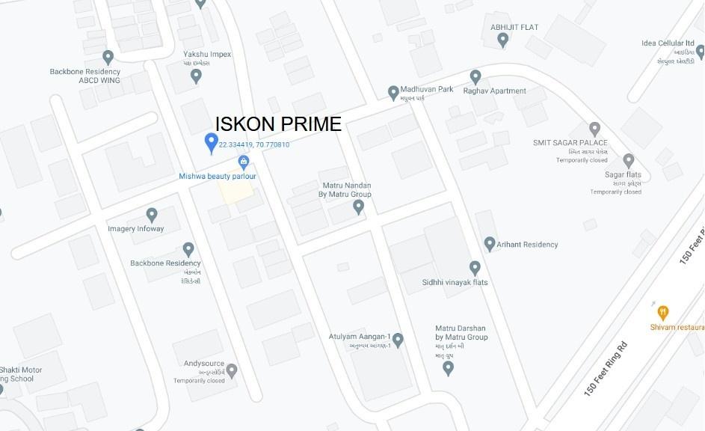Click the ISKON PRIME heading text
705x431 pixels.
pyautogui.click(x=278, y=124)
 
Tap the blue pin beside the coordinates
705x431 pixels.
pyautogui.click(x=212, y=142)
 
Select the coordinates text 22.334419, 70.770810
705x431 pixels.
pyautogui.click(x=254, y=144)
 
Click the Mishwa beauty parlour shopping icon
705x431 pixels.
pyautogui.click(x=244, y=162)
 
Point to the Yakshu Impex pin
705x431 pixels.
pyautogui.click(x=197, y=75)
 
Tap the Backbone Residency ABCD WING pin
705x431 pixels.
pyautogui.click(x=108, y=57)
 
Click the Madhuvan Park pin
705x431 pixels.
pyautogui.click(x=393, y=93)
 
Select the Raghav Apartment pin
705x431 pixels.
pyautogui.click(x=475, y=76)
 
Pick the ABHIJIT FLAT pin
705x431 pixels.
pyautogui.click(x=503, y=40)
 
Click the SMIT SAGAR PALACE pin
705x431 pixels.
pyautogui.click(x=594, y=129)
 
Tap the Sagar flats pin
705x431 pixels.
pyautogui.click(x=629, y=160)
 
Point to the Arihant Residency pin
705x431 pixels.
pyautogui.click(x=490, y=244)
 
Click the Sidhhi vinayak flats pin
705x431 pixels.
pyautogui.click(x=475, y=267)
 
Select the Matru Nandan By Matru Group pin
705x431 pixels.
pyautogui.click(x=358, y=207)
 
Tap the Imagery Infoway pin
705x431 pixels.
pyautogui.click(x=152, y=215)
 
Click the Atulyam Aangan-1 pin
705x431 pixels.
pyautogui.click(x=398, y=340)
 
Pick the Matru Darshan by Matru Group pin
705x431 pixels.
pyautogui.click(x=448, y=367)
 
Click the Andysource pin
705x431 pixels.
pyautogui.click(x=232, y=370)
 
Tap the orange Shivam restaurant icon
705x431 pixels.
pyautogui.click(x=662, y=312)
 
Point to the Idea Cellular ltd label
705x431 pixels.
pyautogui.click(x=668, y=43)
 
